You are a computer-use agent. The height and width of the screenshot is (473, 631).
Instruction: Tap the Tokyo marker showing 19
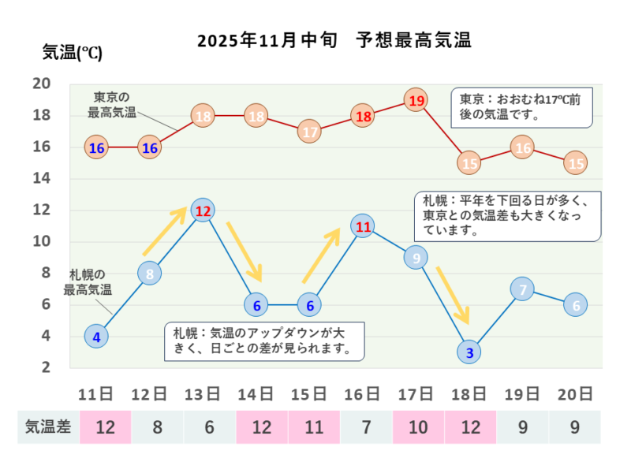[416, 100]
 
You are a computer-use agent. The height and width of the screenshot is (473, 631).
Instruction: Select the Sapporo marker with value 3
[469, 352]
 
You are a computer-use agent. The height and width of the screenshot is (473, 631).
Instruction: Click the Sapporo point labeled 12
[203, 210]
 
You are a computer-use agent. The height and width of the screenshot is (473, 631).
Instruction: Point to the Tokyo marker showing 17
[310, 132]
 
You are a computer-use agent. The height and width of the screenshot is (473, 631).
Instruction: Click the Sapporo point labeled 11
[363, 227]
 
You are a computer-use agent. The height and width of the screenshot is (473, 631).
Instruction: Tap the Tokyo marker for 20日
[576, 163]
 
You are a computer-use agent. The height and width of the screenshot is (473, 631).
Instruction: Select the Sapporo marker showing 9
[416, 258]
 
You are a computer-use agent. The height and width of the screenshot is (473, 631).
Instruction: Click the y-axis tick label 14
[41, 179]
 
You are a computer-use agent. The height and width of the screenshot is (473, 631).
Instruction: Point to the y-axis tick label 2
[46, 368]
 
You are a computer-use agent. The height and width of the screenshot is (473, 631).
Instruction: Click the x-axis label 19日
[522, 393]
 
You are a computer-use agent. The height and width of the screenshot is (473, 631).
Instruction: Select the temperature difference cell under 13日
[209, 427]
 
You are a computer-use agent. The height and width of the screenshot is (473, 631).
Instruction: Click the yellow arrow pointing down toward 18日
[453, 295]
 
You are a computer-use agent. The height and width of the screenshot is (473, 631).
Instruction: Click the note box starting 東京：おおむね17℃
[521, 107]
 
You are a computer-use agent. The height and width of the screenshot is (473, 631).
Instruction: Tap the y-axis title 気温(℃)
[72, 53]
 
